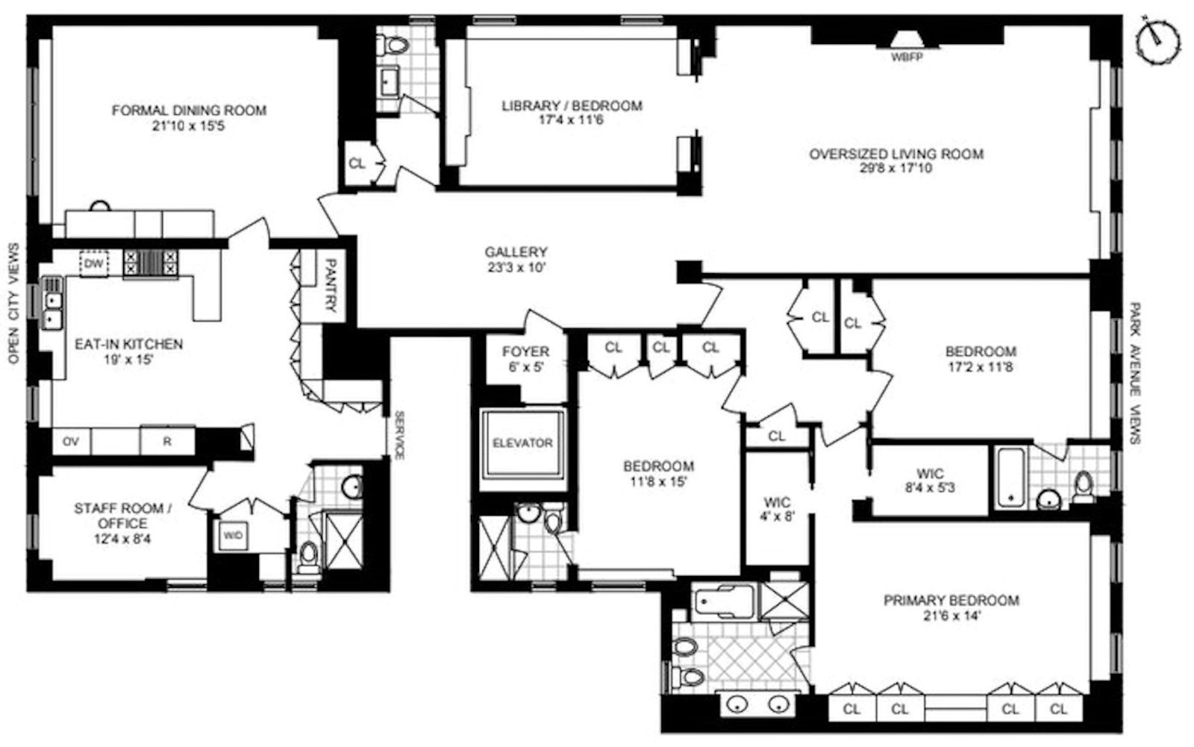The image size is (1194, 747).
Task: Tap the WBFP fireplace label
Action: pyautogui.click(x=906, y=56)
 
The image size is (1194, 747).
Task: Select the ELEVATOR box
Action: pyautogui.click(x=522, y=443)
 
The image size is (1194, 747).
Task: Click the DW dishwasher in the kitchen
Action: pyautogui.click(x=93, y=263)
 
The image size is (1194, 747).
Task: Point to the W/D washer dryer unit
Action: pyautogui.click(x=233, y=534)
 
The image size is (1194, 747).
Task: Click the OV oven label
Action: pyautogui.click(x=71, y=441)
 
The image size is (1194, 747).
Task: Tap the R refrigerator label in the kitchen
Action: pyautogui.click(x=167, y=441)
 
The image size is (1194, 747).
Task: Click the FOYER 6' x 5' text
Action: pyautogui.click(x=525, y=358)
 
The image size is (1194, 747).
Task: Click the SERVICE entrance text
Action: pyautogui.click(x=398, y=434)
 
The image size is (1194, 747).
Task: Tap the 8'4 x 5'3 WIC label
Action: pyautogui.click(x=930, y=481)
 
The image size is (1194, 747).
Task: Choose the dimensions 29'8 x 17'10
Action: pyautogui.click(x=895, y=169)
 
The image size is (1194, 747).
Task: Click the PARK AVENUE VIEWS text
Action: pyautogui.click(x=1135, y=372)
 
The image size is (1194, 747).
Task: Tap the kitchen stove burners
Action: pyautogui.click(x=151, y=263)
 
